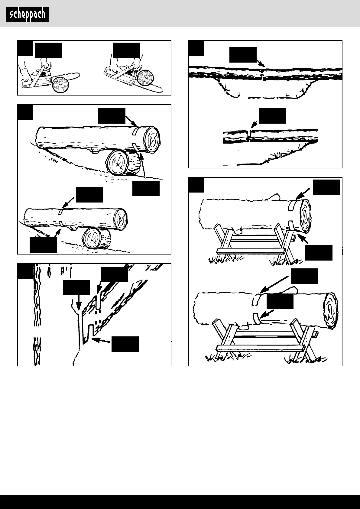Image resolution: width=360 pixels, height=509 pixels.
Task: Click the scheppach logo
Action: click(28, 15)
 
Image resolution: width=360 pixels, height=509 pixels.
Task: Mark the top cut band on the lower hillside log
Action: click(61, 211)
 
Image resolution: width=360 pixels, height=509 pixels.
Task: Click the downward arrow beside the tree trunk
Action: click(78, 302)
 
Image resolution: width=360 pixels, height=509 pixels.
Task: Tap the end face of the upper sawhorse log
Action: click(304, 216)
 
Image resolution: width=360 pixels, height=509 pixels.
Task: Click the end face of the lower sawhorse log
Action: click(330, 310)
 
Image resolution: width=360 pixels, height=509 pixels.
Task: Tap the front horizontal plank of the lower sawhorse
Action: click(260, 347)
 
